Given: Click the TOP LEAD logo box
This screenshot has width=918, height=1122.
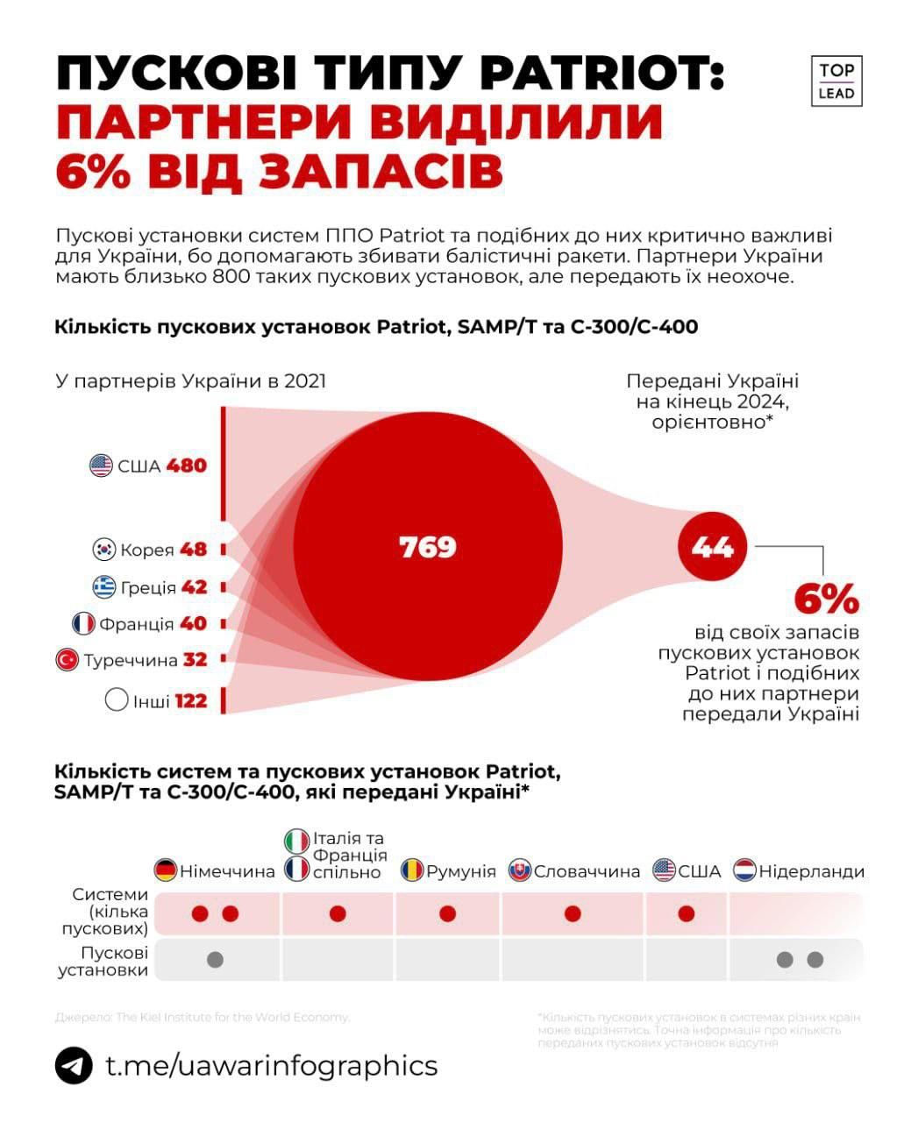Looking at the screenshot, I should (836, 81).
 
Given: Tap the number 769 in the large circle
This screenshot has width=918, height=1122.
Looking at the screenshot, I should (428, 547).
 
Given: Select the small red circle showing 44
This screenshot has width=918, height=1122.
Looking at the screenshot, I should (712, 548).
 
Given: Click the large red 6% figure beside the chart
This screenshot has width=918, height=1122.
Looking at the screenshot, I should (826, 600).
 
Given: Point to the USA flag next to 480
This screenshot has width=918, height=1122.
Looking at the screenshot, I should (102, 465).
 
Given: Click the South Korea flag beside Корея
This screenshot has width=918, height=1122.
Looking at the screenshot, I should (104, 550).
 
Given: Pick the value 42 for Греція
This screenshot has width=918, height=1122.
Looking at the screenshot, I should (194, 587).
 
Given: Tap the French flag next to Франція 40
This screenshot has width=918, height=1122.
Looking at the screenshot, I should (83, 624).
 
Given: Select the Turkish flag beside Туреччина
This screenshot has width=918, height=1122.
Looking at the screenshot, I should (67, 660).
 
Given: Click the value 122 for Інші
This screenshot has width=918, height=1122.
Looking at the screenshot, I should (190, 701).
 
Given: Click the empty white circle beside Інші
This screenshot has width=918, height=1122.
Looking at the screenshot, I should (116, 701).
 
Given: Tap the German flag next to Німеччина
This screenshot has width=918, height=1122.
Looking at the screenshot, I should (165, 870).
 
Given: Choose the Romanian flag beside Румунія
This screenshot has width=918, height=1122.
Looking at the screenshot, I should (412, 870).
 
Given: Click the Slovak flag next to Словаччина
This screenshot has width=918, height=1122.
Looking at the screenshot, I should (519, 870).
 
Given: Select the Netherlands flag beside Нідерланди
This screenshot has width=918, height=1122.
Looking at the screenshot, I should (744, 870).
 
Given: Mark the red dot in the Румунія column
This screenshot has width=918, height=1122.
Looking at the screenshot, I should (447, 914).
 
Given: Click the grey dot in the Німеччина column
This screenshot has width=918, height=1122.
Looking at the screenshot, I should (215, 960).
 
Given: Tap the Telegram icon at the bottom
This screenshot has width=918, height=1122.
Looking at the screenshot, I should (74, 1066).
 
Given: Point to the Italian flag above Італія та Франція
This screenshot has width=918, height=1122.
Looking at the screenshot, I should (297, 840).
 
